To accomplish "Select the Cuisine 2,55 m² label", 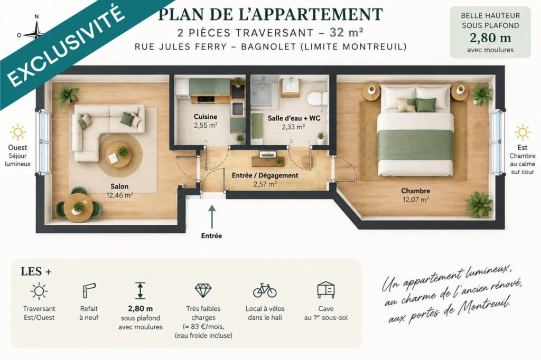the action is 206,121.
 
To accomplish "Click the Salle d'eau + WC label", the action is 294,118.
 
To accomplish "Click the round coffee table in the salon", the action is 118,155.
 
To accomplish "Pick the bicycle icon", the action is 265,290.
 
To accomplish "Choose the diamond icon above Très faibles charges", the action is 203,290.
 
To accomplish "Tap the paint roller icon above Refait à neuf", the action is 89,290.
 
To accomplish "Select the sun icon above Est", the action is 523,132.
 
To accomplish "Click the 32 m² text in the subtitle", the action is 346,32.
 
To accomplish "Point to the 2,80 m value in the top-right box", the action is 490,37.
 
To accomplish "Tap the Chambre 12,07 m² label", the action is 415,195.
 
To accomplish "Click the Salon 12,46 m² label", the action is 119,191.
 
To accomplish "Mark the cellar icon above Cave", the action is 326,290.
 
